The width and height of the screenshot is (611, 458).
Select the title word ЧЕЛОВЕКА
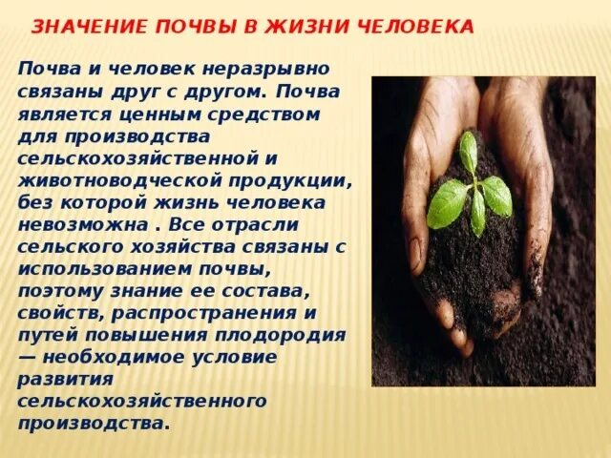pyautogui.click(x=415, y=27)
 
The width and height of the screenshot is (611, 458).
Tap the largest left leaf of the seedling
pyautogui.click(x=445, y=203)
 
